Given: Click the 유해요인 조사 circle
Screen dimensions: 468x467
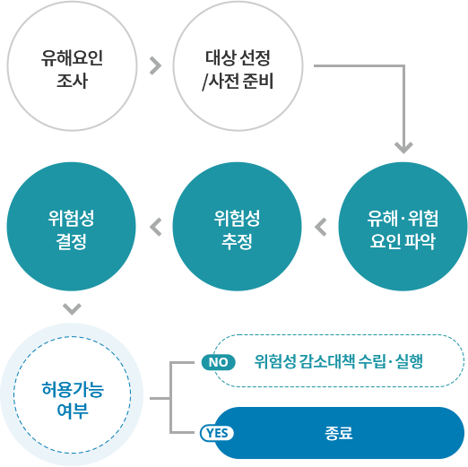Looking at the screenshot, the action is tap(72, 66).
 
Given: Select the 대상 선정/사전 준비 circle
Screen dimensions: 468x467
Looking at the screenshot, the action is tap(238, 66).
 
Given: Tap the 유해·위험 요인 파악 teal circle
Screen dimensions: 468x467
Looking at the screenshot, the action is tap(403, 227).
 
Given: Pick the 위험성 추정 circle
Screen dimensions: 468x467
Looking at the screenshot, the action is tap(237, 227).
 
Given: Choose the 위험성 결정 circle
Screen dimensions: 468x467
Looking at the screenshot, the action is tap(72, 227).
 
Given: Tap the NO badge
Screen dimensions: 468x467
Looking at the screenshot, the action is tap(219, 362).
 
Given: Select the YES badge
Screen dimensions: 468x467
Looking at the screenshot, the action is tap(217, 433).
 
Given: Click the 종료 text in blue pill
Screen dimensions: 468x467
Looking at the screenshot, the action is tap(339, 433).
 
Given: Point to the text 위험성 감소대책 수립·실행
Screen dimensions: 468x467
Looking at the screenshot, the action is tap(339, 361).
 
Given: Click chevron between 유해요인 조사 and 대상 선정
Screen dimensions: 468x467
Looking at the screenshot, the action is tap(155, 65).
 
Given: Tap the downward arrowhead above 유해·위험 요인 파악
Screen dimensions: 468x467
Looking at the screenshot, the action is tap(403, 148).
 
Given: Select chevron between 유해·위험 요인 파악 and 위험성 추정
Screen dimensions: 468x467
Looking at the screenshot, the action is tap(321, 227).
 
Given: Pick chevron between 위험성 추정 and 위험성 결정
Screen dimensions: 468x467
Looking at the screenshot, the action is tap(155, 227).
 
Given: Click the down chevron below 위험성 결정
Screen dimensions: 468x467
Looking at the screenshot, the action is tap(72, 309).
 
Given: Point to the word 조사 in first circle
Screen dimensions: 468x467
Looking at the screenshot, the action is tap(72, 81).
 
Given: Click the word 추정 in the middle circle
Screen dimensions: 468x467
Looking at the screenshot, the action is tap(237, 241).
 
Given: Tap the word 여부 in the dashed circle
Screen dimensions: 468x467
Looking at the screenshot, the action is tap(73, 411).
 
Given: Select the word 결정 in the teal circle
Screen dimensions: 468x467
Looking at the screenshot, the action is tap(72, 241).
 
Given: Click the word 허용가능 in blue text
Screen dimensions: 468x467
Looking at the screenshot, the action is tap(73, 389).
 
